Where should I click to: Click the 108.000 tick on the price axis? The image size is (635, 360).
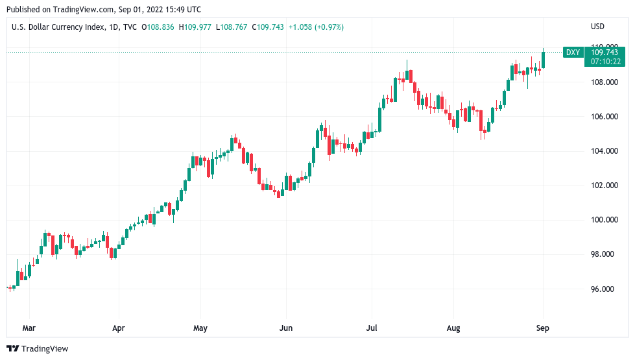pyautogui.click(x=602, y=82)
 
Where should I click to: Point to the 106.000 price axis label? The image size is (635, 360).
pyautogui.click(x=602, y=117)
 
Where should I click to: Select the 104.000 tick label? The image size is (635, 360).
pyautogui.click(x=602, y=151)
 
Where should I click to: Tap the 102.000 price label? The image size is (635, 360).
pyautogui.click(x=602, y=186)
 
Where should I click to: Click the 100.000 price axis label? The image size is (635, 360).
pyautogui.click(x=602, y=220)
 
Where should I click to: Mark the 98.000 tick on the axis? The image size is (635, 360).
pyautogui.click(x=602, y=254)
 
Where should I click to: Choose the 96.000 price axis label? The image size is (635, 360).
pyautogui.click(x=602, y=289)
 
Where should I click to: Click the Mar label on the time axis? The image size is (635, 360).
pyautogui.click(x=29, y=328)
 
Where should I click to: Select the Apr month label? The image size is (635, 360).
pyautogui.click(x=117, y=328)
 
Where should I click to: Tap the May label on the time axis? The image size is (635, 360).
pyautogui.click(x=200, y=328)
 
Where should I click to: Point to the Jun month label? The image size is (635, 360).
pyautogui.click(x=285, y=328)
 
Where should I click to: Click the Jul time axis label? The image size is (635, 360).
pyautogui.click(x=372, y=328)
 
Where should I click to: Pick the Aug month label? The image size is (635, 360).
pyautogui.click(x=453, y=328)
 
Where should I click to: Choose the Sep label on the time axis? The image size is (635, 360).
pyautogui.click(x=542, y=328)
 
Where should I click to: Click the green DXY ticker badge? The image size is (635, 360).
pyautogui.click(x=572, y=53)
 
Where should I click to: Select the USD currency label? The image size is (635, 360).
pyautogui.click(x=597, y=27)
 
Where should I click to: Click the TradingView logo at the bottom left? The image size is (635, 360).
pyautogui.click(x=38, y=349)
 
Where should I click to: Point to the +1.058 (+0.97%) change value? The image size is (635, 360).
pyautogui.click(x=316, y=27)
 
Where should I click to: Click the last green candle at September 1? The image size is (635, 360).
pyautogui.click(x=543, y=59)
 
